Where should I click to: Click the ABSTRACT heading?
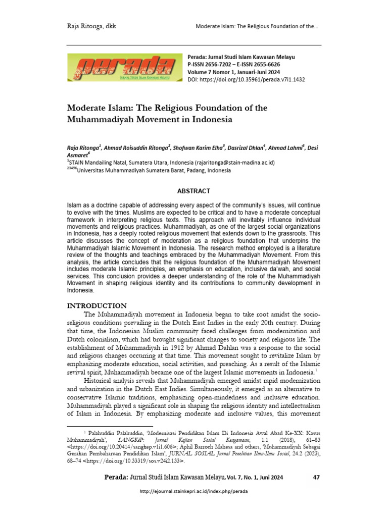tap(193, 191)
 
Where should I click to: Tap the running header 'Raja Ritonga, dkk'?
tap(91, 26)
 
